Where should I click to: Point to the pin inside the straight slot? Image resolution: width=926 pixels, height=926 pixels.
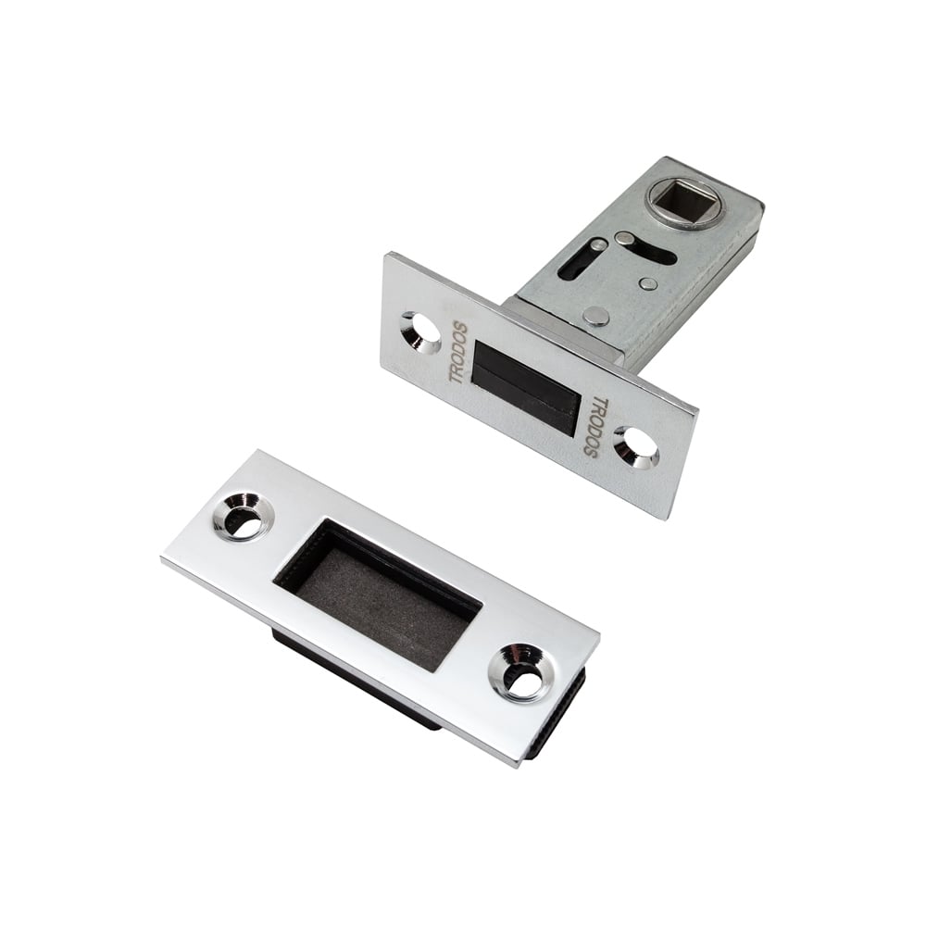pos(597,245)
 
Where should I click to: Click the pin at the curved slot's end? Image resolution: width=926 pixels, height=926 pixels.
pos(623,239)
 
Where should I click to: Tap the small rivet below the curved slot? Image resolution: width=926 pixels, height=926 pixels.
pos(648,284)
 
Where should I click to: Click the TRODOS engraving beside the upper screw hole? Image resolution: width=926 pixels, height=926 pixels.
pos(459,353)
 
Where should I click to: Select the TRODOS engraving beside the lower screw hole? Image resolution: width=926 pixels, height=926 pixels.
pos(596,425)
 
